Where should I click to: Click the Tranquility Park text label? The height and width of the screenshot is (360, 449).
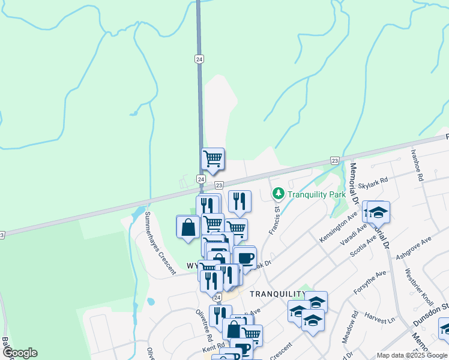coord(316,194)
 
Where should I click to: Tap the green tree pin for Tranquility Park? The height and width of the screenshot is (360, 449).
coord(278,193)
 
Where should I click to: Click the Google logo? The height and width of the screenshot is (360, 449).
coord(19,353)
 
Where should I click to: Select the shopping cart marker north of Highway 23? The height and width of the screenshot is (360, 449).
coord(212,159)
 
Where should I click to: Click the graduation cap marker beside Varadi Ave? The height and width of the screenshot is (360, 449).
coord(378,212)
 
